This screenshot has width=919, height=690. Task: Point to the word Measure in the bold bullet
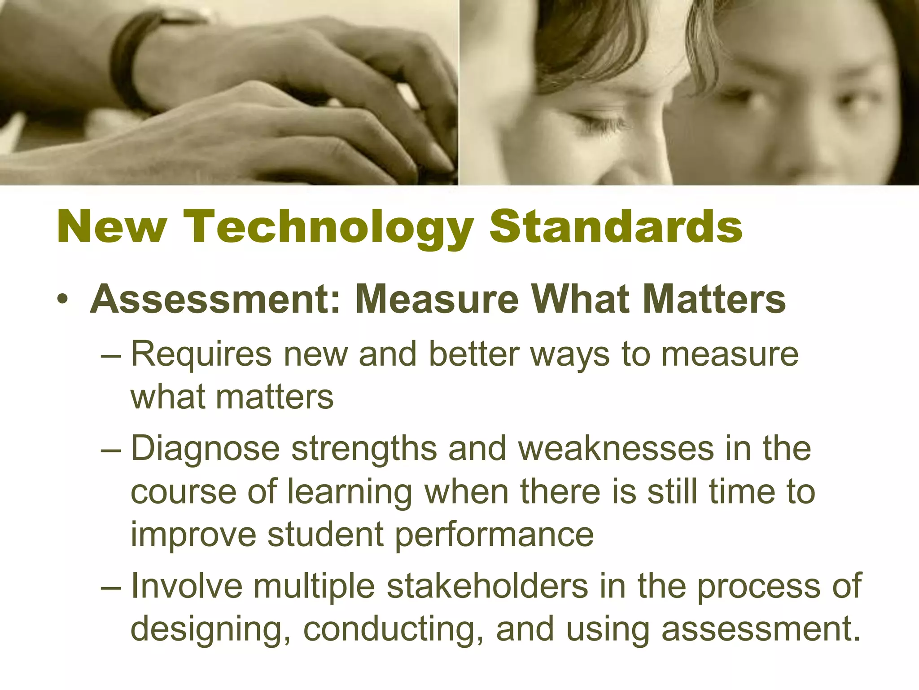(x=437, y=300)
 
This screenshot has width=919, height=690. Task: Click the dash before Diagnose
(x=111, y=449)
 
